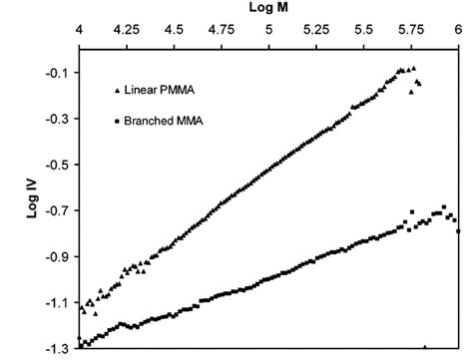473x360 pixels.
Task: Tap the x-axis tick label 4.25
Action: tap(126, 31)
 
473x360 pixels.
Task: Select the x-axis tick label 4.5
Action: tap(174, 31)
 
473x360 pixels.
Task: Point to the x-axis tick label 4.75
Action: tap(221, 31)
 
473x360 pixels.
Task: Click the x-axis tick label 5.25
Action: tap(315, 31)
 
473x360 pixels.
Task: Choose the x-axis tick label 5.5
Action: tap(364, 31)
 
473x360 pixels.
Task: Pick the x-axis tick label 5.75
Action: tap(410, 31)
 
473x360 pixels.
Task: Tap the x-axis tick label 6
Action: tap(459, 31)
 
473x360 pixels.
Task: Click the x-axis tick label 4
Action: tap(80, 31)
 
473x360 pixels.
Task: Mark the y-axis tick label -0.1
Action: tap(57, 73)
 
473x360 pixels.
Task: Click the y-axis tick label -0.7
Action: tap(57, 210)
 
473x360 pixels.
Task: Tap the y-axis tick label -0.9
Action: tap(57, 256)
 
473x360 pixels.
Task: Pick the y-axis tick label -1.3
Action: tap(57, 348)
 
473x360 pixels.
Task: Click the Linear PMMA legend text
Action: tap(157, 91)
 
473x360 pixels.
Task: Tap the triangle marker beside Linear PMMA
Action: tap(117, 91)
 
